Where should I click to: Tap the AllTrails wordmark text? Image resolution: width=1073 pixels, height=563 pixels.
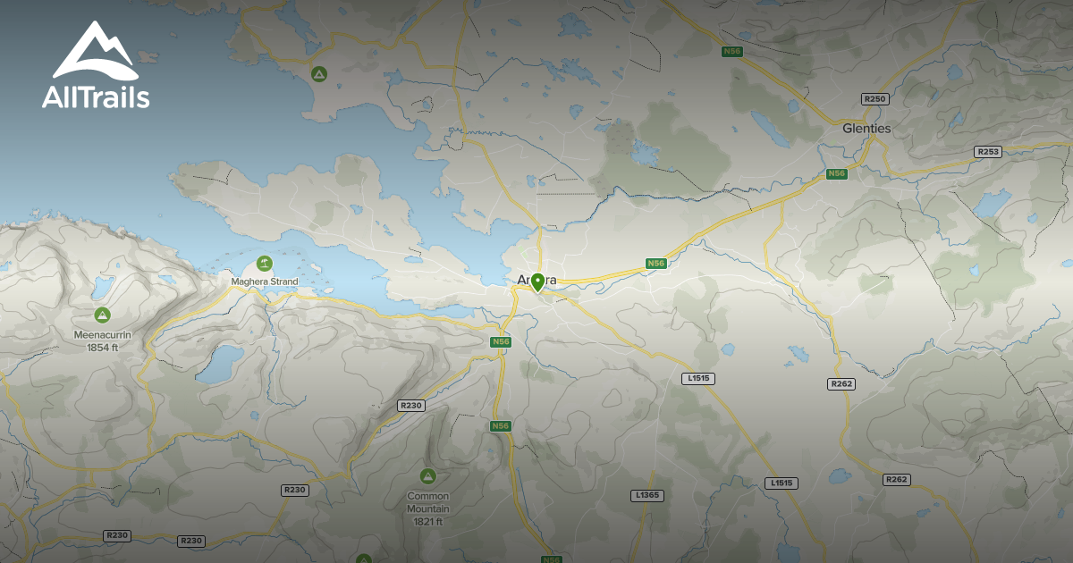96,97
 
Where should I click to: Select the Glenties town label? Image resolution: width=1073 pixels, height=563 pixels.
866,129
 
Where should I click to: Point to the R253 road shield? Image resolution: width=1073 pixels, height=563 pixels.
987,152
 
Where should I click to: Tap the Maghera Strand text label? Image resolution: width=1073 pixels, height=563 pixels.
264,282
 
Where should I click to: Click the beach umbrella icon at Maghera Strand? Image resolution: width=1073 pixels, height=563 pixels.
264,264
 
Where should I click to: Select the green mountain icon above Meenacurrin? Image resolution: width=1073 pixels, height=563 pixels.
103,315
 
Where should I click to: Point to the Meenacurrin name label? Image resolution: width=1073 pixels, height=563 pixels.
103,335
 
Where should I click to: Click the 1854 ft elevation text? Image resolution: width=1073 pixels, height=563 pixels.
103,347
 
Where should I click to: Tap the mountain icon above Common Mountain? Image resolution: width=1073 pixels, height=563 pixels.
427,476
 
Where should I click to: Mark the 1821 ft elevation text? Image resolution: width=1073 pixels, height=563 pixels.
427,521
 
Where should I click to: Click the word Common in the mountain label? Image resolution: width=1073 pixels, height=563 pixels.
427,497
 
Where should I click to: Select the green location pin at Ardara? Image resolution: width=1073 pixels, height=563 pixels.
537,282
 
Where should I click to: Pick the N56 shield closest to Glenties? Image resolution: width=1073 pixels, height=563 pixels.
836,173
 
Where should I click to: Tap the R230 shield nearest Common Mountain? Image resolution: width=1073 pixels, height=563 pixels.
410,406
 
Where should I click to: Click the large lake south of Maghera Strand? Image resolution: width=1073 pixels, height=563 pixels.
220,364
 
